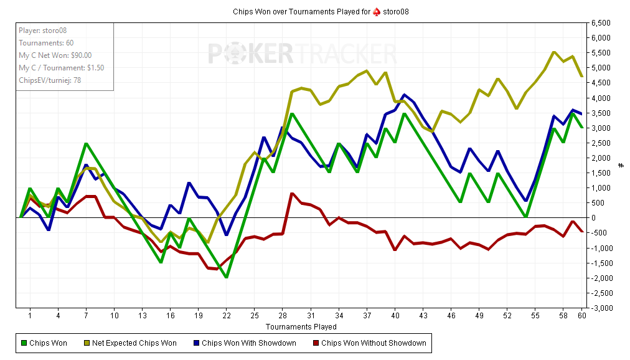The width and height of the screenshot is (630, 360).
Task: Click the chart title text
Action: click(321, 12)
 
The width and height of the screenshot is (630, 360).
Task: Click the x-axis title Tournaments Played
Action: click(301, 326)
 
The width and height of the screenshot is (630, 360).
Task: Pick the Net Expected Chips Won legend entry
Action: click(134, 343)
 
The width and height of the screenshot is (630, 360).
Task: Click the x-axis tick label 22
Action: click(227, 316)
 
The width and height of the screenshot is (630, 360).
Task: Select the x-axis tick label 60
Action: click(581, 316)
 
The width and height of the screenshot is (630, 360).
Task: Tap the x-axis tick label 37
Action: click(367, 316)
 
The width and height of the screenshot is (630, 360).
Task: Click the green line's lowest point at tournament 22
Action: click(227, 277)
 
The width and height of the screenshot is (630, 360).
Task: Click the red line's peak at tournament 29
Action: click(292, 194)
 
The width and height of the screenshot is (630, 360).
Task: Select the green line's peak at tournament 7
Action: click(86, 144)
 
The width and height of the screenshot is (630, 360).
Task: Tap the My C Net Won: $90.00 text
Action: click(55, 55)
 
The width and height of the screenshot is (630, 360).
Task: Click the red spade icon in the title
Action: click(376, 12)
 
